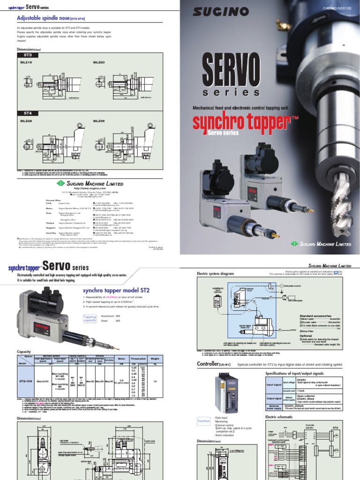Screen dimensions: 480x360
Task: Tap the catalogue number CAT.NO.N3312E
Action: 337,8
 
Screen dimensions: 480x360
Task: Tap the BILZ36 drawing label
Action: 99,120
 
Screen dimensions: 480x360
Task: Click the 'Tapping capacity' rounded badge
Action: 90,319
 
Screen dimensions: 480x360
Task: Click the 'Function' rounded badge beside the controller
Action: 203,421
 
